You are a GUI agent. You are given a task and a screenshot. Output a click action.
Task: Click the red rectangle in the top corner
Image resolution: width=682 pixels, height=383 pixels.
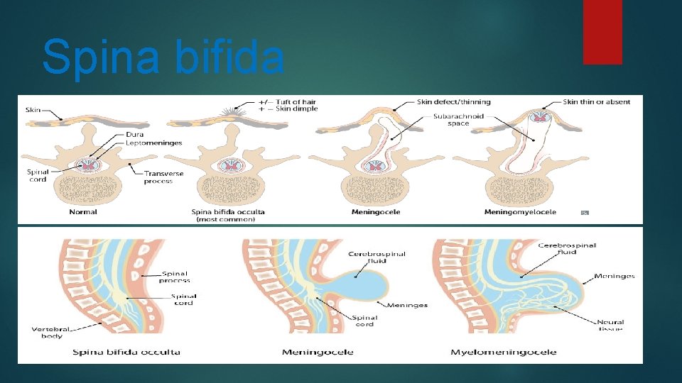tap(602, 32)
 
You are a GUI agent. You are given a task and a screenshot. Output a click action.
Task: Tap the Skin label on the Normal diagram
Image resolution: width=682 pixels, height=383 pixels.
tap(33, 110)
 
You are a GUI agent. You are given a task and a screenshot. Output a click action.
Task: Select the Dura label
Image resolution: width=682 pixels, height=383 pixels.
tap(134, 134)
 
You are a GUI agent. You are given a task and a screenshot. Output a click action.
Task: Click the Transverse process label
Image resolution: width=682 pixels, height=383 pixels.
tap(163, 177)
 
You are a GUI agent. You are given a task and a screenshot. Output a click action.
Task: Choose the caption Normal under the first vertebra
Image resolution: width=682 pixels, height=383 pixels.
tap(83, 211)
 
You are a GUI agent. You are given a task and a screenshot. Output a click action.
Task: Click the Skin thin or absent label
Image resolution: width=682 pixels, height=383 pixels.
tap(596, 102)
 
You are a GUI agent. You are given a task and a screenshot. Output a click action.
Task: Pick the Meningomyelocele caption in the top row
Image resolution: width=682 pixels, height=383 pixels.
tap(520, 211)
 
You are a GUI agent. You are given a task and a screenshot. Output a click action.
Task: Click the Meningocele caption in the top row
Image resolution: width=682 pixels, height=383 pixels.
tap(376, 211)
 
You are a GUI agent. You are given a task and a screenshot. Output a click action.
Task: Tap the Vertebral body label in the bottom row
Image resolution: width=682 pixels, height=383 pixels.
tap(50, 332)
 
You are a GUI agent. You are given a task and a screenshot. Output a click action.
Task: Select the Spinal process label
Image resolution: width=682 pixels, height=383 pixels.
tap(175, 277)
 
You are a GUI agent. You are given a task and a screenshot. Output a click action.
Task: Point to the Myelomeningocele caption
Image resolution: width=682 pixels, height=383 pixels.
tap(504, 353)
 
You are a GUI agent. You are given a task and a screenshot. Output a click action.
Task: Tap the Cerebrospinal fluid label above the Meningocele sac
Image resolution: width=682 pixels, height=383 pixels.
tap(377, 257)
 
